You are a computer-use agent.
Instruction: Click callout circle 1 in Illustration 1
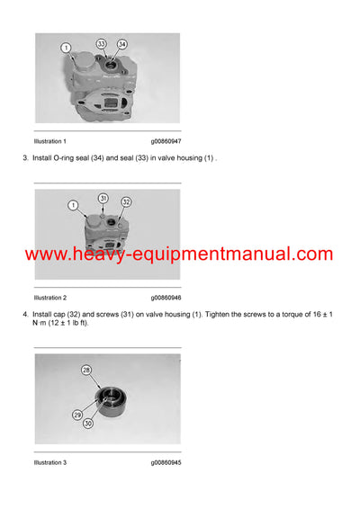pos(67,47)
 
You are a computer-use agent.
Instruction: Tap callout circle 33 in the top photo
pos(102,43)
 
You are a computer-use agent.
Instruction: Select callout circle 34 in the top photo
pos(121,43)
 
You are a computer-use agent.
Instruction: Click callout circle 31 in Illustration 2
pos(103,198)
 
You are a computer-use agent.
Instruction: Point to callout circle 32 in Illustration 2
pos(126,201)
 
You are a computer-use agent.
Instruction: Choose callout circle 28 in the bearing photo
pos(87,370)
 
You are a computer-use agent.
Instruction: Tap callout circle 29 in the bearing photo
pos(77,415)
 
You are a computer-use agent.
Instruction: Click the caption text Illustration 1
pos(49,141)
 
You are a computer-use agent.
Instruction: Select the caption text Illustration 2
pos(49,297)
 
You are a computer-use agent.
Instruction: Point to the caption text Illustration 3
pos(49,462)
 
